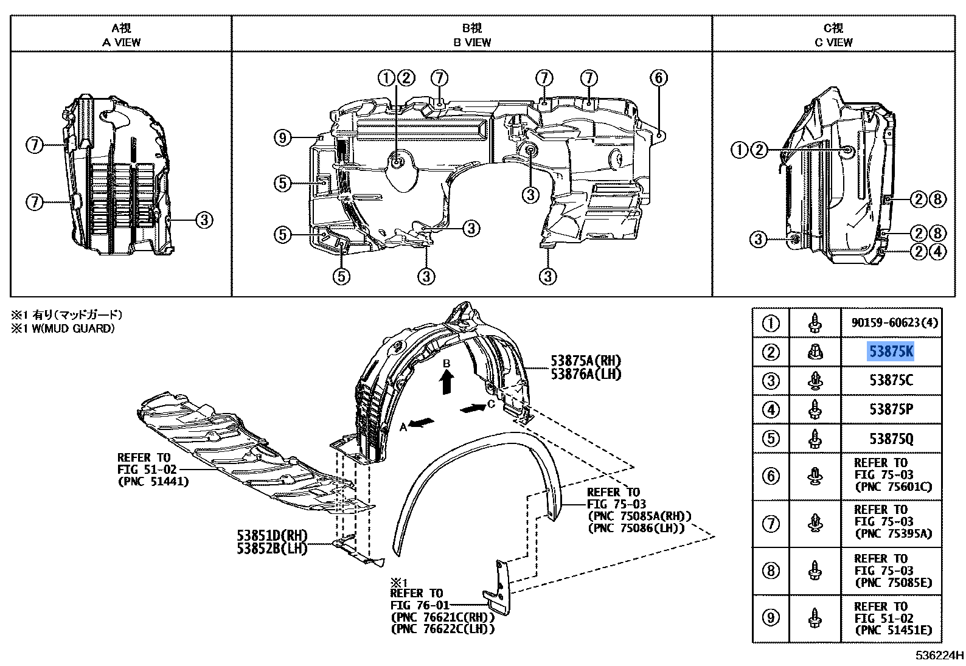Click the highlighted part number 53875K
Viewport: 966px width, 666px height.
pyautogui.click(x=891, y=352)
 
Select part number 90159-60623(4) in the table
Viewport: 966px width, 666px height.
pyautogui.click(x=890, y=322)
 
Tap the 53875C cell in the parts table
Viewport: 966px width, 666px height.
pyautogui.click(x=891, y=381)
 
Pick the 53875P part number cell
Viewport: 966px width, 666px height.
pyautogui.click(x=891, y=410)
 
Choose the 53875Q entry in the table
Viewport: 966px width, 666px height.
pyautogui.click(x=891, y=439)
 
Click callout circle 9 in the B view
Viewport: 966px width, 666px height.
pyautogui.click(x=282, y=138)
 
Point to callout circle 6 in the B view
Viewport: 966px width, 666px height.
pyautogui.click(x=658, y=78)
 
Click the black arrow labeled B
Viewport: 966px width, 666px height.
pyautogui.click(x=447, y=383)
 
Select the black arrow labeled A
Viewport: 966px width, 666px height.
pyautogui.click(x=423, y=421)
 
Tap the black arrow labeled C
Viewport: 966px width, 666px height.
pyautogui.click(x=473, y=408)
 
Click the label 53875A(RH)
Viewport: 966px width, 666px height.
pyautogui.click(x=586, y=361)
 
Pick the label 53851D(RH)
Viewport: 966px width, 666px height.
pyautogui.click(x=272, y=536)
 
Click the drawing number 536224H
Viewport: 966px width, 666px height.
pyautogui.click(x=939, y=656)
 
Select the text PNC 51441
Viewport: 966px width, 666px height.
pyautogui.click(x=153, y=482)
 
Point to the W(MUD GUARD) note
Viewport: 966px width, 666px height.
pyautogui.click(x=68, y=328)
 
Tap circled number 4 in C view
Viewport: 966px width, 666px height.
pyautogui.click(x=938, y=251)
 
